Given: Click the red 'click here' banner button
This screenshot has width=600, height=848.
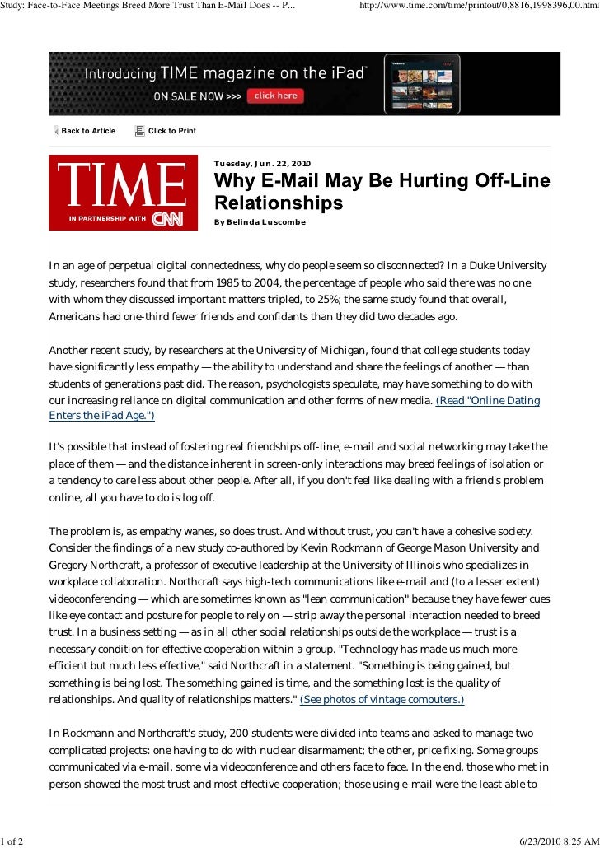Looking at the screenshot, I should pyautogui.click(x=276, y=96).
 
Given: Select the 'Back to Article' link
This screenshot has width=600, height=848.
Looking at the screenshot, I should pyautogui.click(x=88, y=131).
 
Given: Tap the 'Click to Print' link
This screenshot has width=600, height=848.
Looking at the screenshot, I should pyautogui.click(x=171, y=131).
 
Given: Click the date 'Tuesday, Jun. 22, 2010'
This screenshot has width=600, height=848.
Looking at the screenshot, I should pyautogui.click(x=263, y=163).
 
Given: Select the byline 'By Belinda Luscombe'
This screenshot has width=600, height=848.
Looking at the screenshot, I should pyautogui.click(x=260, y=223).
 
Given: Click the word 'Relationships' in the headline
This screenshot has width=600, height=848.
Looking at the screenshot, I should pyautogui.click(x=279, y=202).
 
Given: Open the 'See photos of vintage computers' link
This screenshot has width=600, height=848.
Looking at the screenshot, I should pyautogui.click(x=382, y=699).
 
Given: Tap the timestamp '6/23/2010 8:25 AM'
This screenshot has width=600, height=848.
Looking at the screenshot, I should pyautogui.click(x=556, y=839).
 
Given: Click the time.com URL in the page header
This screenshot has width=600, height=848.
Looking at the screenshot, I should pyautogui.click(x=478, y=7).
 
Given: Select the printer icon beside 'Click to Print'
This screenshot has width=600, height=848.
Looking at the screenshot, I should pyautogui.click(x=139, y=131).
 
